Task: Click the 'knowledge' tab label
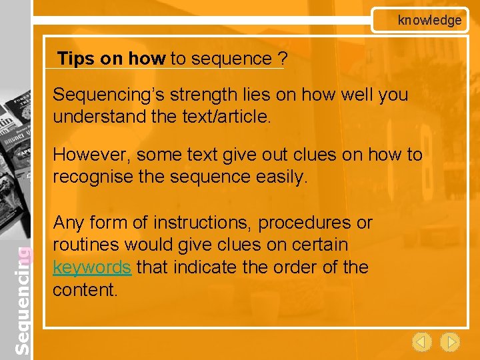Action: pyautogui.click(x=429, y=20)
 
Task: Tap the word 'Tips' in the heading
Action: pyautogui.click(x=76, y=59)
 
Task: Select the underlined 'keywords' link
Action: pyautogui.click(x=92, y=267)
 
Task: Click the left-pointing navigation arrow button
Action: pyautogui.click(x=421, y=343)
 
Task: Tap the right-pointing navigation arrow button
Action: pyautogui.click(x=451, y=343)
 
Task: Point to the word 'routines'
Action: pyautogui.click(x=83, y=245)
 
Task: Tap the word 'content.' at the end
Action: pyautogui.click(x=84, y=290)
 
